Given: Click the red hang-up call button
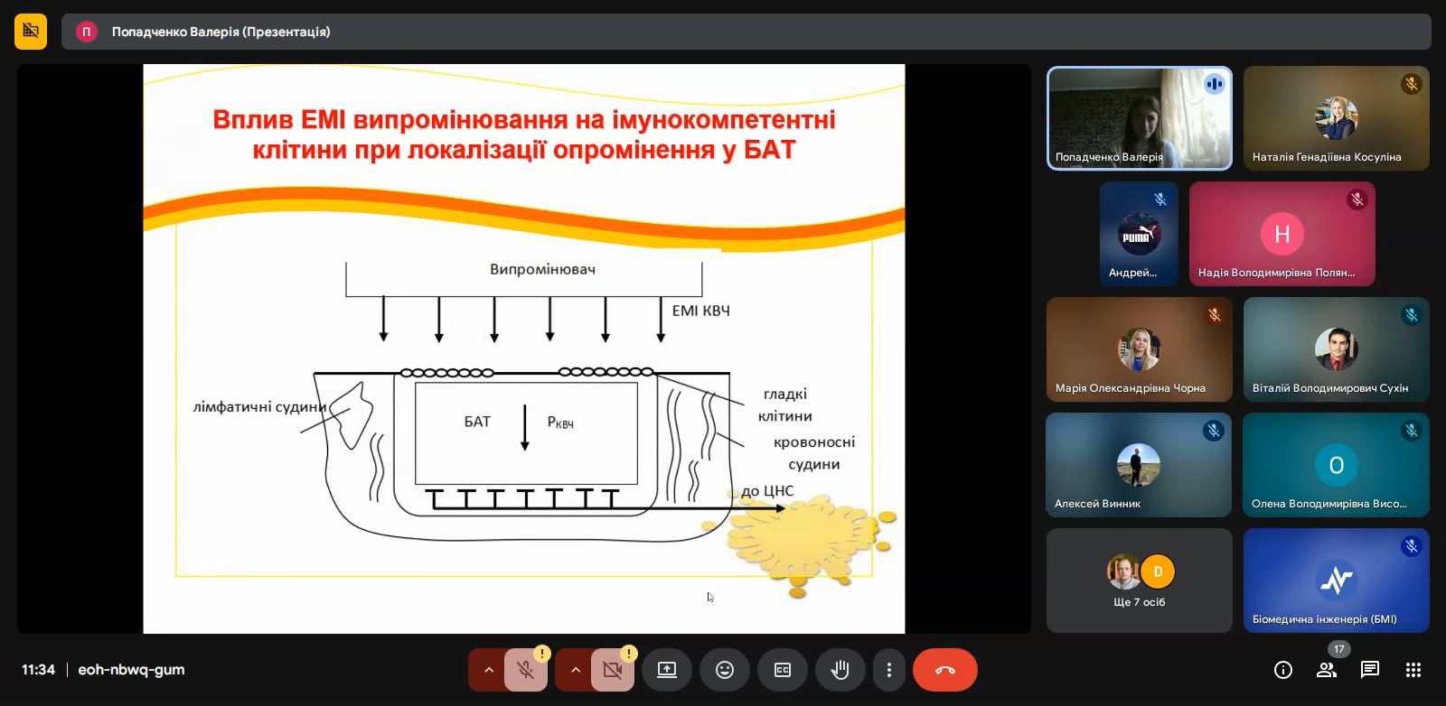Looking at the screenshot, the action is [x=944, y=670].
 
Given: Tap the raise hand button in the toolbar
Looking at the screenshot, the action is [x=840, y=670].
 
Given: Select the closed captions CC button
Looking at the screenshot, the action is [x=783, y=670].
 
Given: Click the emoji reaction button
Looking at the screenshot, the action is [x=724, y=670].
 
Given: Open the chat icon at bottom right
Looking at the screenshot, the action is [x=1369, y=670].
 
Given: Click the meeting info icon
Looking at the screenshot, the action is [x=1282, y=670].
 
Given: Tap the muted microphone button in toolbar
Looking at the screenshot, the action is [x=525, y=670].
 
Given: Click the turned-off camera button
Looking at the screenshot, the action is [x=612, y=670].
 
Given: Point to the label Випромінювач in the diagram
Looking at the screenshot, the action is [x=542, y=270].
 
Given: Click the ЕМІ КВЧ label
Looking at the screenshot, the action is [x=701, y=311].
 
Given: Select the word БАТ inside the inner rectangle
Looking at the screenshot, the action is [x=477, y=422].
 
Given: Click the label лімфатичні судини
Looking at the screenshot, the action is [x=259, y=407].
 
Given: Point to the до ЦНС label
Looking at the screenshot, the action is [x=767, y=491].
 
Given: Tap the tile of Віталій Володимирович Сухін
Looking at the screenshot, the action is [x=1336, y=348].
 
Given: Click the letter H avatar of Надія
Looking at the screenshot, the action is [x=1282, y=234].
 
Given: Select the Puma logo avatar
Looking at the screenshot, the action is [x=1139, y=234].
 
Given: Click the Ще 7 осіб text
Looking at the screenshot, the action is [x=1140, y=602].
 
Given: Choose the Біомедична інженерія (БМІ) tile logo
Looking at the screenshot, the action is [x=1336, y=580].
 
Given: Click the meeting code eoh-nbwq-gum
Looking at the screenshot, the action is [x=131, y=670].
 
